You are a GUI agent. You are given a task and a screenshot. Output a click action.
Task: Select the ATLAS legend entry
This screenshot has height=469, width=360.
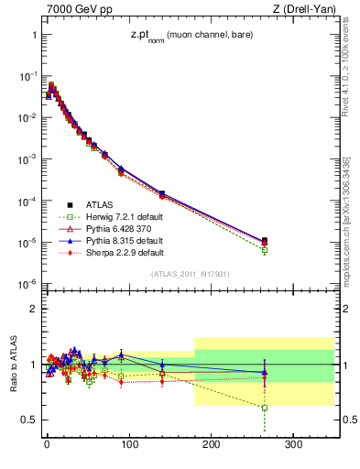coord(100,204)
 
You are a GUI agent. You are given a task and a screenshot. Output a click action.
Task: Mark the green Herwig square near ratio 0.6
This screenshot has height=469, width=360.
coord(265,408)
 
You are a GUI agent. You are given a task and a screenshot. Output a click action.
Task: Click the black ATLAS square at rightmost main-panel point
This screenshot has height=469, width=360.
coord(265,241)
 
